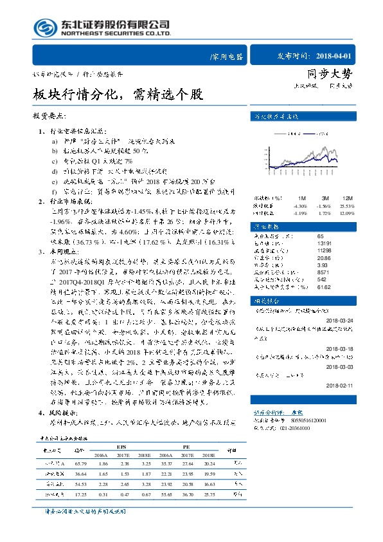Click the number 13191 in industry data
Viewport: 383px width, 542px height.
pyautogui.click(x=316, y=243)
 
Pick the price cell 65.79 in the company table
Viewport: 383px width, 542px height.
pyautogui.click(x=80, y=463)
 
